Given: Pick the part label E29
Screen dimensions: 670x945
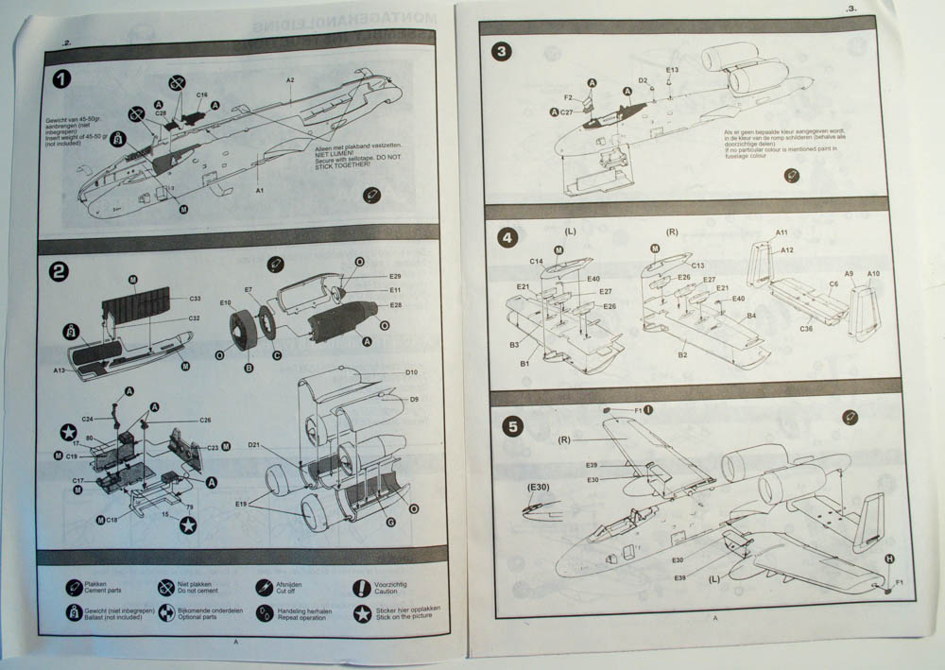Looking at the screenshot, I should tap(395, 275).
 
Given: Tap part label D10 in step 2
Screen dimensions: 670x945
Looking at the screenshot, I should tap(412, 373).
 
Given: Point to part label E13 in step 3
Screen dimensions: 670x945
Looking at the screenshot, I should tap(672, 70).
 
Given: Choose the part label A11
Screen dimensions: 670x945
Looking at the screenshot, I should tap(782, 232).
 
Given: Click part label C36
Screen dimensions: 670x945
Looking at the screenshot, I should tap(806, 328).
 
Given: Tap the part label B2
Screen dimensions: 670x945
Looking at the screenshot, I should tap(681, 354).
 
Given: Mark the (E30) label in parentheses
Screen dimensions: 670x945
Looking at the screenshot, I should tap(540, 487).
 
